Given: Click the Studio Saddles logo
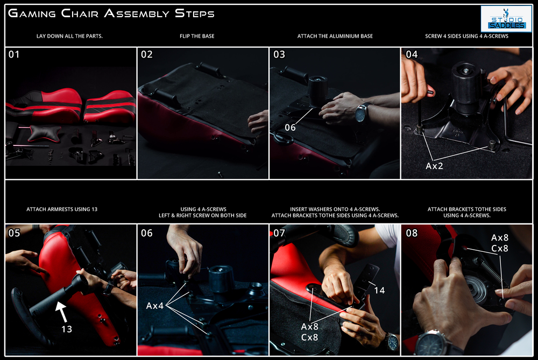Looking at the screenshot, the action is [506, 19].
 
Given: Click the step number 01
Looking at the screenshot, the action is [14, 54].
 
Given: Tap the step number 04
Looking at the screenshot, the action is [412, 54].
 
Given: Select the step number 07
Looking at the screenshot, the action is [279, 234].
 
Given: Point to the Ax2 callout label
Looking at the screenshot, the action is [434, 166].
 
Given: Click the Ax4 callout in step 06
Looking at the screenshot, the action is [155, 306].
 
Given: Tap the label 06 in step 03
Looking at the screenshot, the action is [291, 128].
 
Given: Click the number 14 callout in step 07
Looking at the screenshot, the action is [379, 291].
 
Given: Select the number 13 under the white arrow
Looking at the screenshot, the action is [67, 329].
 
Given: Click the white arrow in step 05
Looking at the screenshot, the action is [61, 311].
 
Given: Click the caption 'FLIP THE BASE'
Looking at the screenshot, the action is [197, 36].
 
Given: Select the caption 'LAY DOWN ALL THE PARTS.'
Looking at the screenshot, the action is [69, 36].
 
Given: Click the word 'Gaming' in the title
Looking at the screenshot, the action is [32, 13].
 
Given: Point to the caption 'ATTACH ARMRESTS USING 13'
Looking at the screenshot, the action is [62, 209].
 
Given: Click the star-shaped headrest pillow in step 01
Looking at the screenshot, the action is [44, 133].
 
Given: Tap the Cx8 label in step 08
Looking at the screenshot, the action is [500, 249].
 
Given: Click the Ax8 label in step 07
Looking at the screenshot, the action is [309, 327].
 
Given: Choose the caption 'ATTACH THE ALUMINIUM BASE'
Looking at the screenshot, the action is [335, 36].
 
